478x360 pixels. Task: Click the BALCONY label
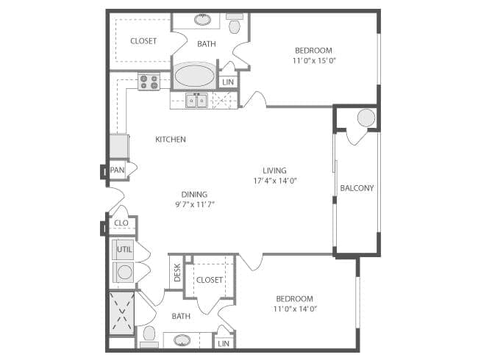pyautogui.click(x=357, y=188)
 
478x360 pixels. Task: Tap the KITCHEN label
pyautogui.click(x=170, y=140)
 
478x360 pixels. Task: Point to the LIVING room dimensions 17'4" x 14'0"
pyautogui.click(x=277, y=181)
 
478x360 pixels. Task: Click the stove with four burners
pyautogui.click(x=149, y=82)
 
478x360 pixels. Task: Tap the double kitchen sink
pyautogui.click(x=196, y=100)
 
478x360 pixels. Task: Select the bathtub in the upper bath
pyautogui.click(x=194, y=76)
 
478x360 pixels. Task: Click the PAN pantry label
pyautogui.click(x=117, y=170)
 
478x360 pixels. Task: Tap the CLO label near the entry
pyautogui.click(x=121, y=223)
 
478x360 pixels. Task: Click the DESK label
pyautogui.click(x=177, y=271)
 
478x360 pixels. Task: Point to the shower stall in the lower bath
pyautogui.click(x=122, y=311)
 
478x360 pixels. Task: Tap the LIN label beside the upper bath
pyautogui.click(x=228, y=82)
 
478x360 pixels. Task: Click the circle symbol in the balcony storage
pyautogui.click(x=365, y=118)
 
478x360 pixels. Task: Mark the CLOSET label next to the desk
pyautogui.click(x=210, y=280)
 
